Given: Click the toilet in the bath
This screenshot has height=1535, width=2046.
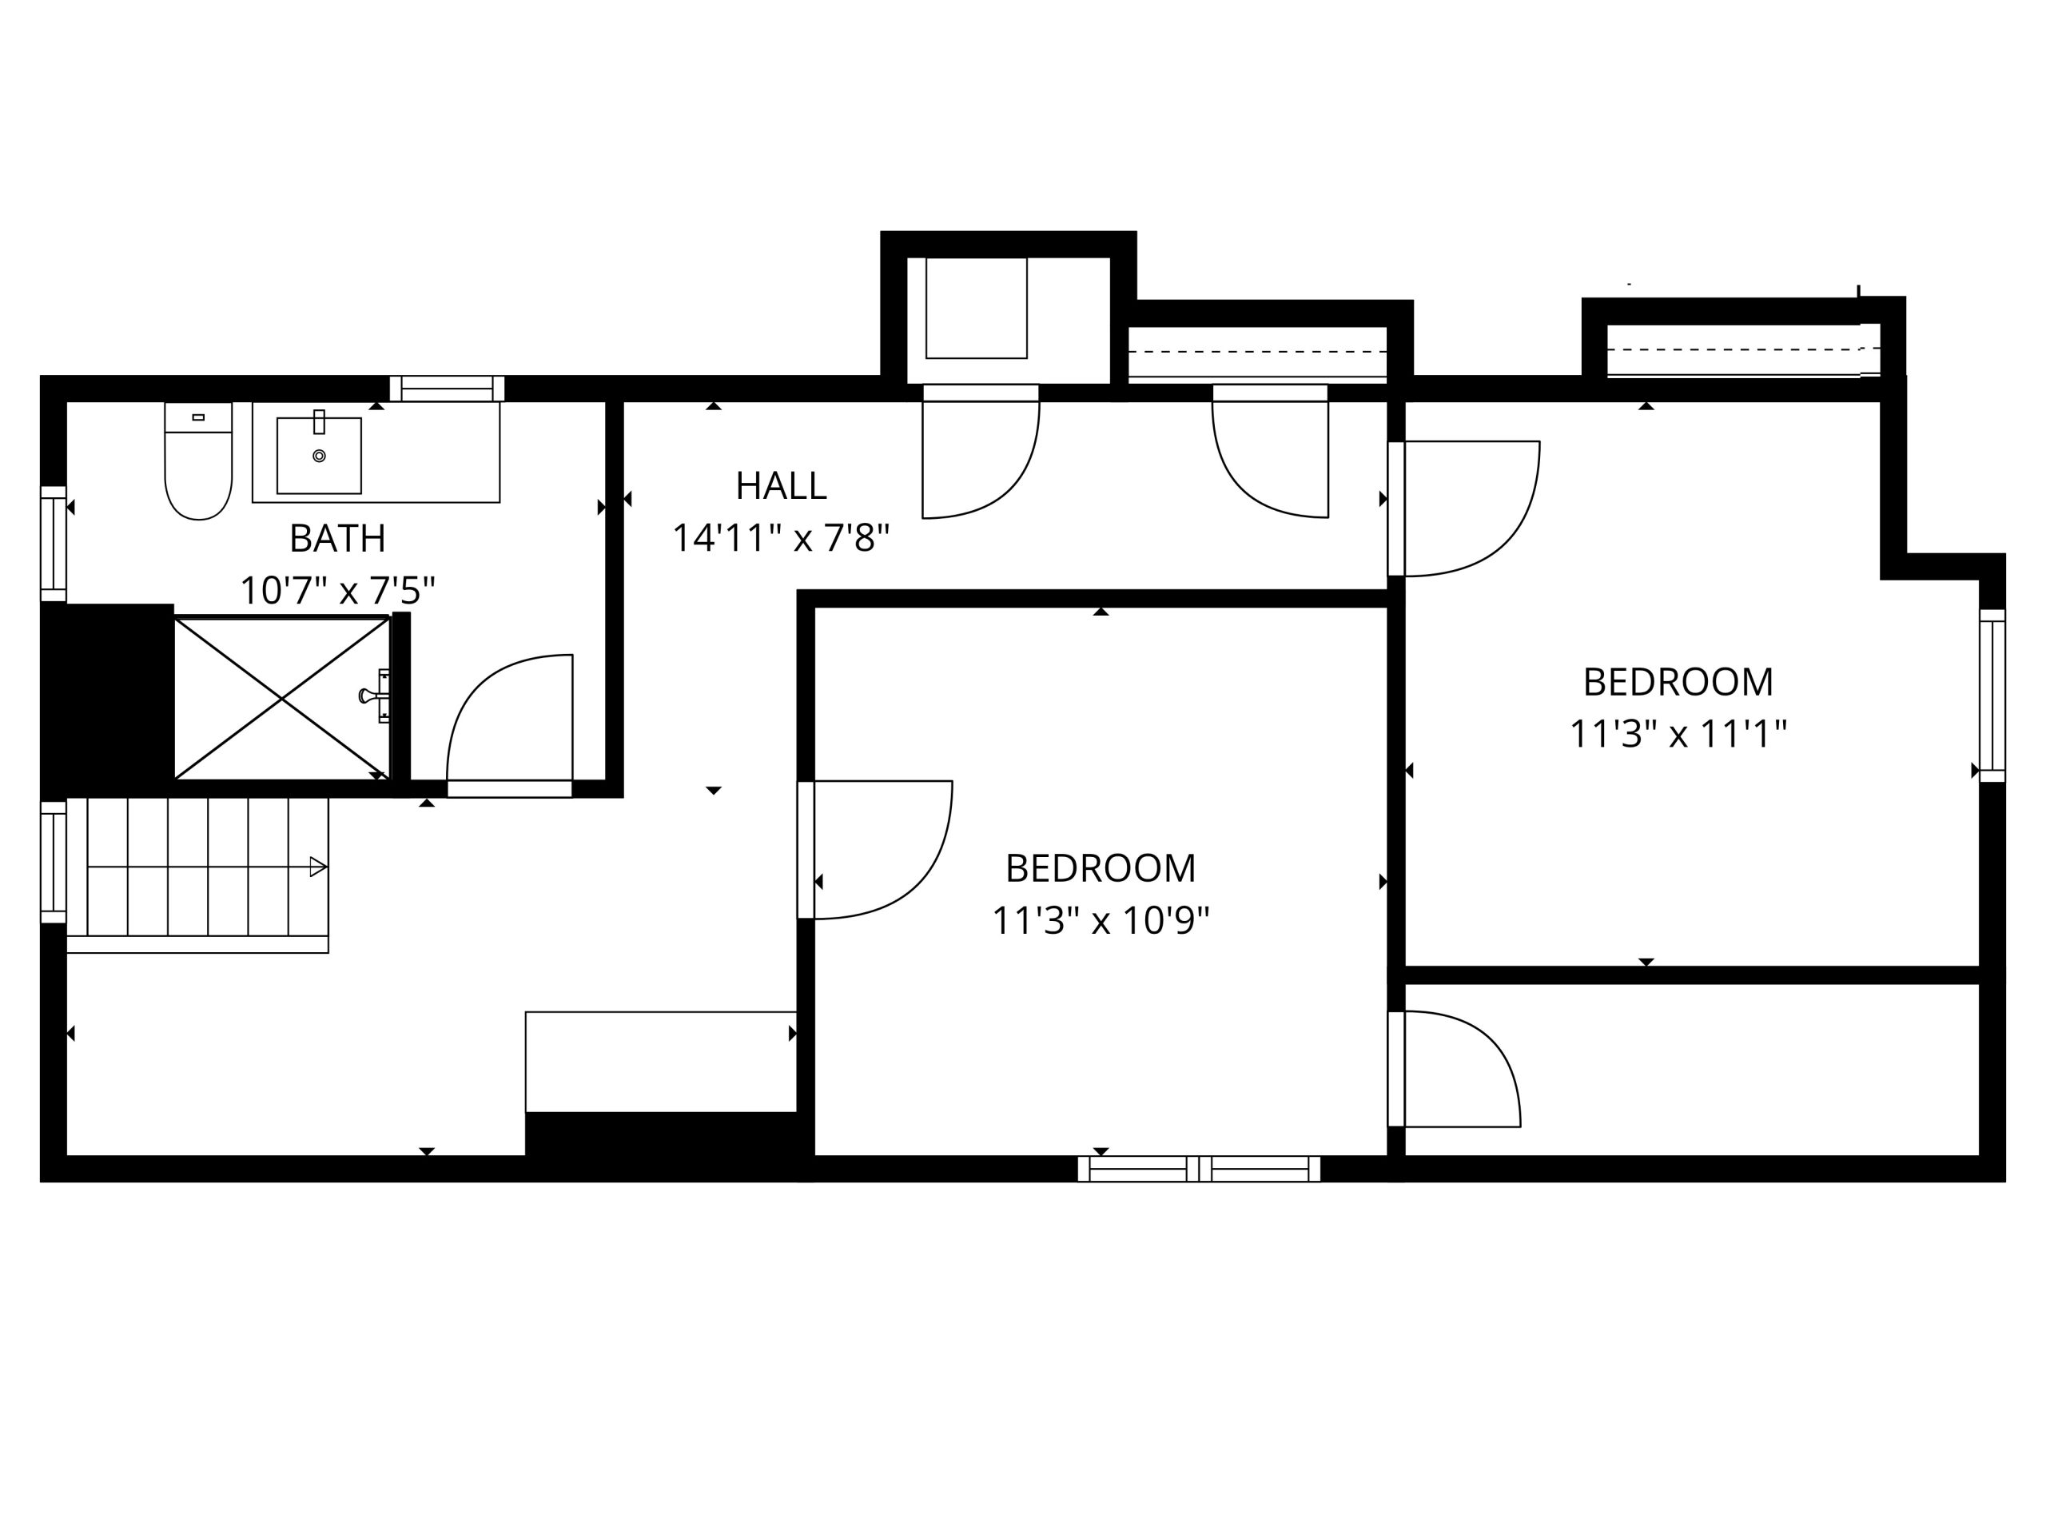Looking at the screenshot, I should point(198,467).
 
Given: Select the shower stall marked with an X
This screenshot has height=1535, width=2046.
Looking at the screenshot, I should point(281,700).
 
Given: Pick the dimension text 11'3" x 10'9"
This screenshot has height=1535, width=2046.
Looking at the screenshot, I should point(1101,922).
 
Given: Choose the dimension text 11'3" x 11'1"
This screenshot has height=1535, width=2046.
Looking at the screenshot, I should point(1678,735).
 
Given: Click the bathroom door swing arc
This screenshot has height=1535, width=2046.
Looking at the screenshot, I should point(500,712).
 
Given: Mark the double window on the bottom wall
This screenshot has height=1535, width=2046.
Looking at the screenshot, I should point(1199,1169).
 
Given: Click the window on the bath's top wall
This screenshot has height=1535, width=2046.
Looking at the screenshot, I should point(447,389).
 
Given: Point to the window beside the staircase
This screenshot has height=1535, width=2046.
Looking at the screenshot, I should point(54,863).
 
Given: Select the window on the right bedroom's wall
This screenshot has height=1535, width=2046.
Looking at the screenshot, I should point(1992,696).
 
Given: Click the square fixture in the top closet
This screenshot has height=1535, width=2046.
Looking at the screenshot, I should point(976,308).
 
